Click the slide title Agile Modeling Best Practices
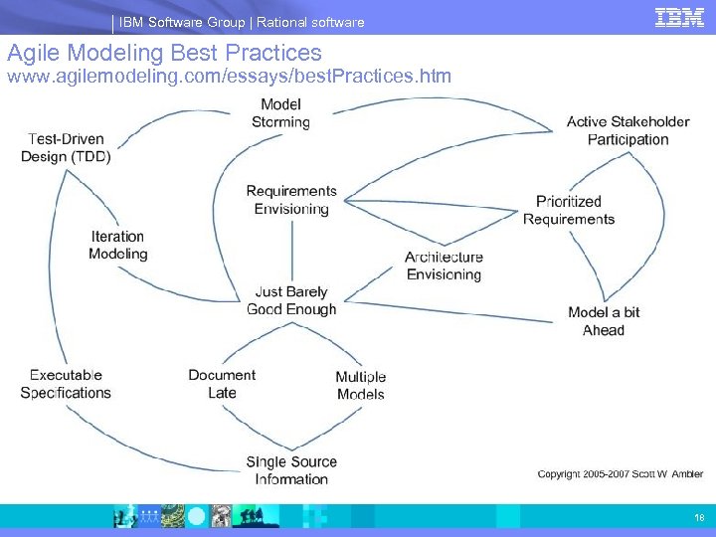pyautogui.click(x=164, y=53)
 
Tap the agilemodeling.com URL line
pyautogui.click(x=230, y=76)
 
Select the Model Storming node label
pyautogui.click(x=281, y=113)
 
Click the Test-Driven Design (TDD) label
pyautogui.click(x=66, y=148)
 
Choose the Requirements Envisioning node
pyautogui.click(x=291, y=200)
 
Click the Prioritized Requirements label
pyautogui.click(x=569, y=210)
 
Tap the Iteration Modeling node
pyautogui.click(x=117, y=245)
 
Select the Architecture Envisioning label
pyautogui.click(x=444, y=266)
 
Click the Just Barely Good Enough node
pyautogui.click(x=291, y=300)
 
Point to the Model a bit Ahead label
pyautogui.click(x=604, y=321)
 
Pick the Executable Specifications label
pyautogui.click(x=66, y=384)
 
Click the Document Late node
pyautogui.click(x=222, y=384)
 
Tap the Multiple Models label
pyautogui.click(x=360, y=386)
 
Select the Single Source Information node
pyautogui.click(x=291, y=470)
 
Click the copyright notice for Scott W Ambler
pyautogui.click(x=621, y=474)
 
